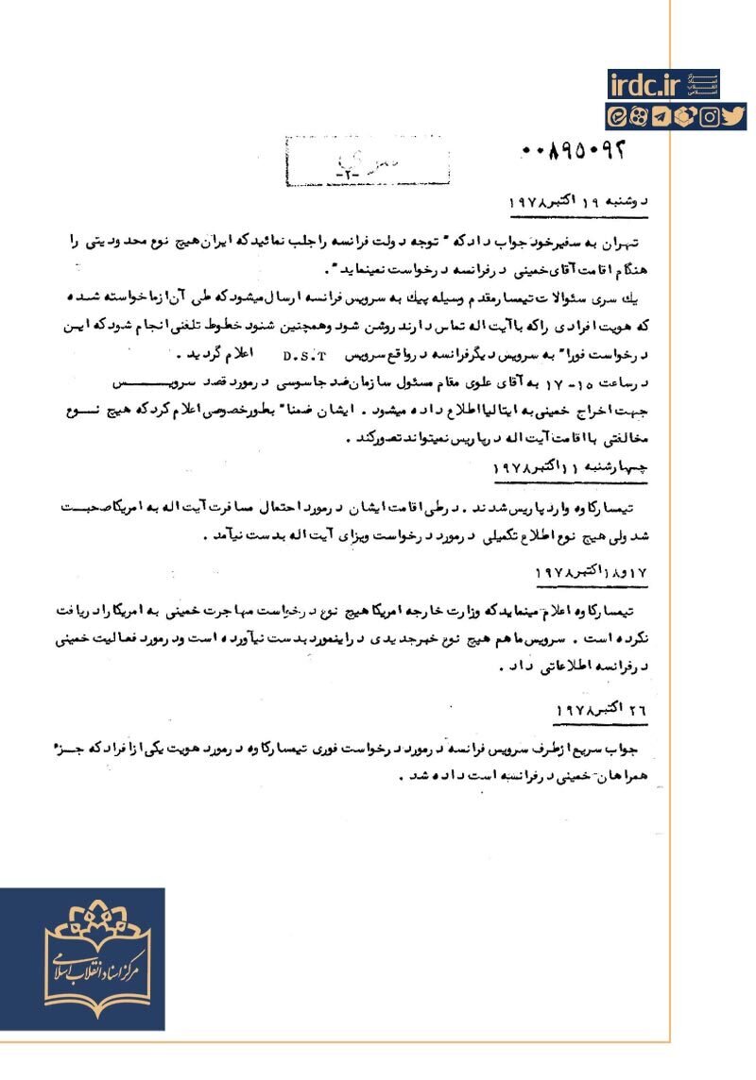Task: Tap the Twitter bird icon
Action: point(735,117)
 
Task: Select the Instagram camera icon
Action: point(710,117)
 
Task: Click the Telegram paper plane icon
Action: point(662,117)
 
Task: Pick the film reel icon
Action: point(640,117)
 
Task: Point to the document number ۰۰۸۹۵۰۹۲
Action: point(574,150)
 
